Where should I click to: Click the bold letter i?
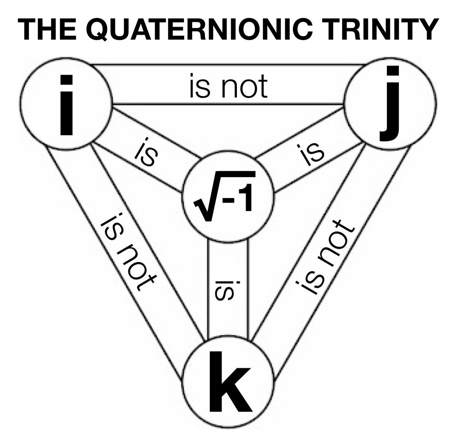(x=66, y=105)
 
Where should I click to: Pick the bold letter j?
(x=390, y=105)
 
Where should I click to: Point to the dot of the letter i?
(x=66, y=80)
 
